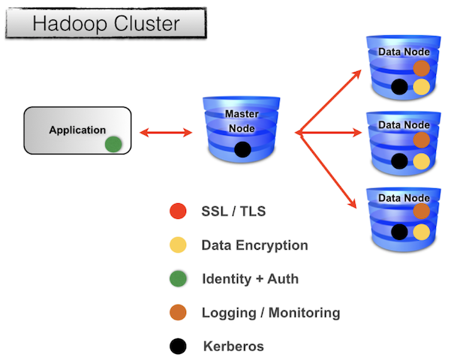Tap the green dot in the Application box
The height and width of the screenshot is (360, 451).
pos(113,143)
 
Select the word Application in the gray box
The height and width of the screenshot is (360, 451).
pos(77,130)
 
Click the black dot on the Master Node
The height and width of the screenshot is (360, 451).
pos(242,149)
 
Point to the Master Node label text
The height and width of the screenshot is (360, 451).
pos(242,121)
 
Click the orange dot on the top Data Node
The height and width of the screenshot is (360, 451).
pos(421,68)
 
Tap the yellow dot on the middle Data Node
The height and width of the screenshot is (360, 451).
pos(421,160)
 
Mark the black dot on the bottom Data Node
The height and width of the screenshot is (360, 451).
pos(400,232)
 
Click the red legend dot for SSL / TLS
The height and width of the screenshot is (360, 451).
pos(178,212)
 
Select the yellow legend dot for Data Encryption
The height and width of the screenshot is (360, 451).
pos(178,245)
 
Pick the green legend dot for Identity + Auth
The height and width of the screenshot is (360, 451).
pos(178,279)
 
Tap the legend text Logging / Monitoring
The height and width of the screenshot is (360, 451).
pos(271,313)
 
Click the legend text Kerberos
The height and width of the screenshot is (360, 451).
pos(233,346)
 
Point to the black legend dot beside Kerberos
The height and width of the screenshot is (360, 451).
pos(178,346)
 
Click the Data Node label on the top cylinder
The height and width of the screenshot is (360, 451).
pos(404,50)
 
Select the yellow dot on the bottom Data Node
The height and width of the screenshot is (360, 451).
pos(421,232)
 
